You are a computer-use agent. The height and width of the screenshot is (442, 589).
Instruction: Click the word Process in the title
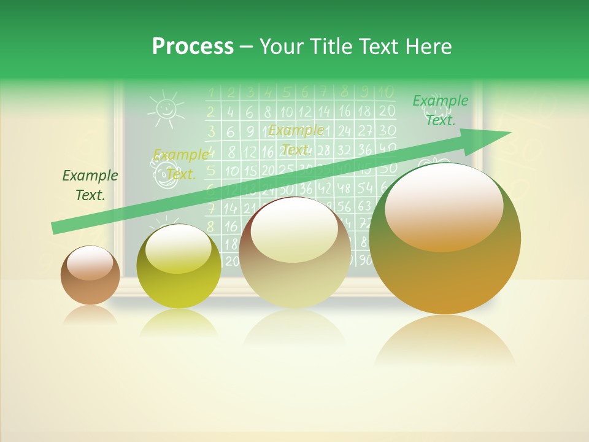(193, 47)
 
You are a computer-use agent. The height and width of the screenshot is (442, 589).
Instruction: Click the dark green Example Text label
(90, 185)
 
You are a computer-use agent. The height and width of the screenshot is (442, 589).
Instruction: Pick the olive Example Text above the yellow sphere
(180, 165)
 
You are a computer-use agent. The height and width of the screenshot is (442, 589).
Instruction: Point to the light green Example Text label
(440, 110)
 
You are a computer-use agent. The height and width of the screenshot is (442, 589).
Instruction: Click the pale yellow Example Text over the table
(296, 140)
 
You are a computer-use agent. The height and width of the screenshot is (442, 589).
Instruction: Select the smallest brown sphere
(90, 275)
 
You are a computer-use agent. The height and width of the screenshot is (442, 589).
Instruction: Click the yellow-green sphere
(179, 266)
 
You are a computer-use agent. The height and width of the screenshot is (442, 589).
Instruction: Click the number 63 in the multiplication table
(364, 206)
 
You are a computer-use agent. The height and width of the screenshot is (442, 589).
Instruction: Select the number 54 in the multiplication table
(364, 187)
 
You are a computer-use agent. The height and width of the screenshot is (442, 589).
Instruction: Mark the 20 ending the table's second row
(386, 111)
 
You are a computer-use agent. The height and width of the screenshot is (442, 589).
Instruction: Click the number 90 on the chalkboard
(364, 260)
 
